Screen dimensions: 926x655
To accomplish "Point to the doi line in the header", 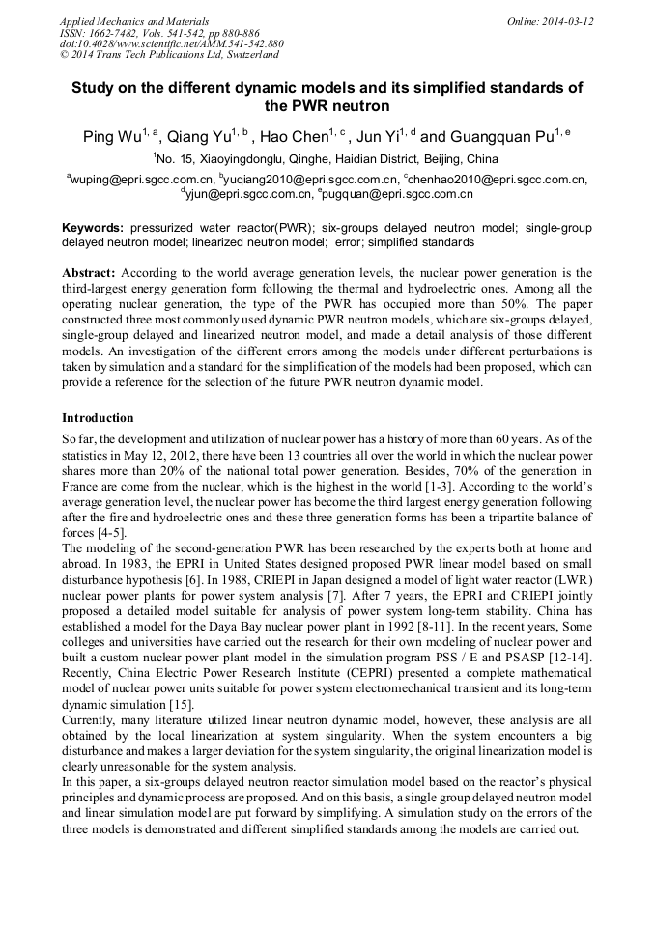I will point(171,43).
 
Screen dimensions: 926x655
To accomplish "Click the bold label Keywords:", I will point(93,228).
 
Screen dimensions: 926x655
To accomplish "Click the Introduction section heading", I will point(98,418).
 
